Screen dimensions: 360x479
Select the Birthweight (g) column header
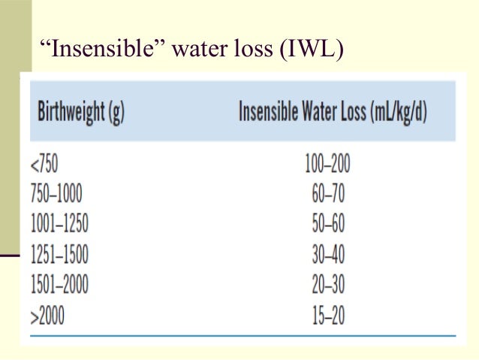[80, 114]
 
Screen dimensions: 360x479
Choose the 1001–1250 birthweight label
[64, 225]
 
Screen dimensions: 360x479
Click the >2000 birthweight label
[47, 316]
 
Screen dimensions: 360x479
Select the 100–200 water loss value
[328, 164]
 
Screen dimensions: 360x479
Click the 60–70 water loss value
[328, 194]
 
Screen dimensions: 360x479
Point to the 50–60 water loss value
[328, 225]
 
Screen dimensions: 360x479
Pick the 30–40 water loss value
[328, 256]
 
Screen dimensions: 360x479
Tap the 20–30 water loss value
[328, 286]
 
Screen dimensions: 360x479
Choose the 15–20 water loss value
[328, 316]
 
